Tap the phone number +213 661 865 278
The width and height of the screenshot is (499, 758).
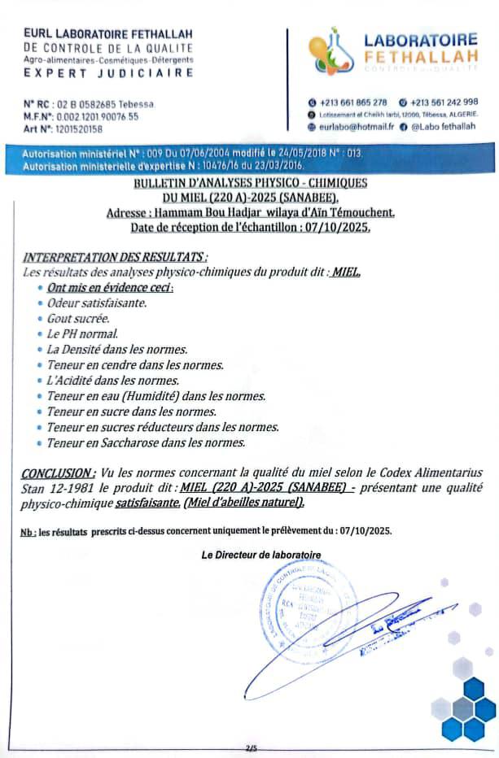[x=352, y=102]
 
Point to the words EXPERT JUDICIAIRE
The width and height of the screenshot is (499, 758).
[x=109, y=72]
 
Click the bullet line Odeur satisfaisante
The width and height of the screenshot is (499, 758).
[x=97, y=303]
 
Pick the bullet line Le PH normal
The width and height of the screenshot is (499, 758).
[x=82, y=333]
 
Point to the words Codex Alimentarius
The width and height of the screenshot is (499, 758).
[x=432, y=473]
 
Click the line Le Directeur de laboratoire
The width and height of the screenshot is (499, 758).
[x=260, y=555]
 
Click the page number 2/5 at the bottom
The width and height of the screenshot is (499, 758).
[x=249, y=747]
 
